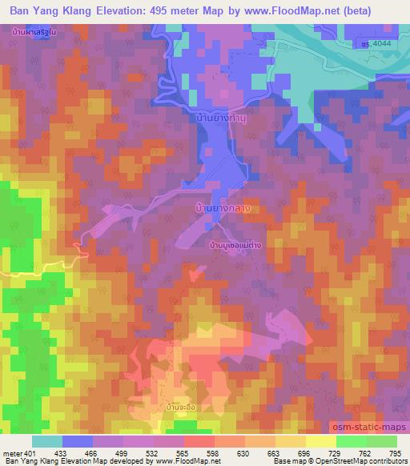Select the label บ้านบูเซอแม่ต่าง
[238, 246]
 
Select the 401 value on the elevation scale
[30, 453]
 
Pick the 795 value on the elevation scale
[396, 453]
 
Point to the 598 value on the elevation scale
[212, 453]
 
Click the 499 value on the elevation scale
[122, 453]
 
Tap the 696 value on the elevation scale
[303, 453]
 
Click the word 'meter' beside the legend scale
[10, 453]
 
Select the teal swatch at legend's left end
[46, 441]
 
